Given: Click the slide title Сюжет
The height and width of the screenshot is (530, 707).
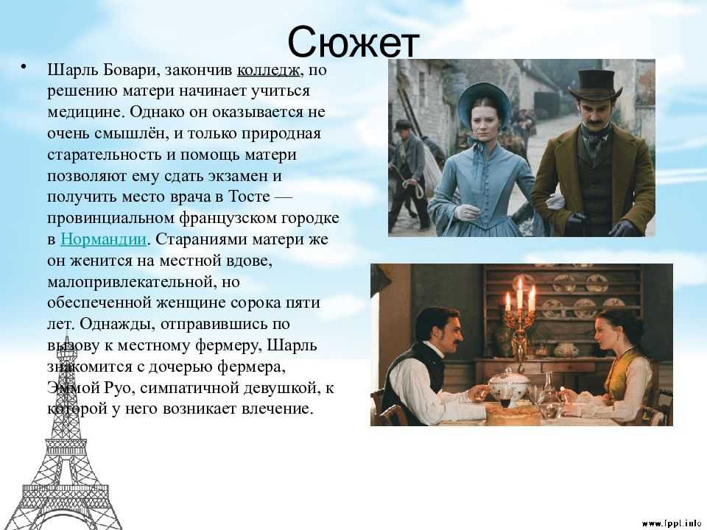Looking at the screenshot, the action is [x=353, y=43].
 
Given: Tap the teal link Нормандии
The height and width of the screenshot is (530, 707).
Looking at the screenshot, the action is [x=104, y=239].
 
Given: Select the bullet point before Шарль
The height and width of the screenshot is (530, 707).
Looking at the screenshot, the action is [x=24, y=68].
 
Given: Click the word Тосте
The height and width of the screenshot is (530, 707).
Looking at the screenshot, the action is [x=250, y=197].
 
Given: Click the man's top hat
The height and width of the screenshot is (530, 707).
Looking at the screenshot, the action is [x=594, y=85].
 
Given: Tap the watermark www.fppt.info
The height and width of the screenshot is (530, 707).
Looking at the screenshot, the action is [x=671, y=523].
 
